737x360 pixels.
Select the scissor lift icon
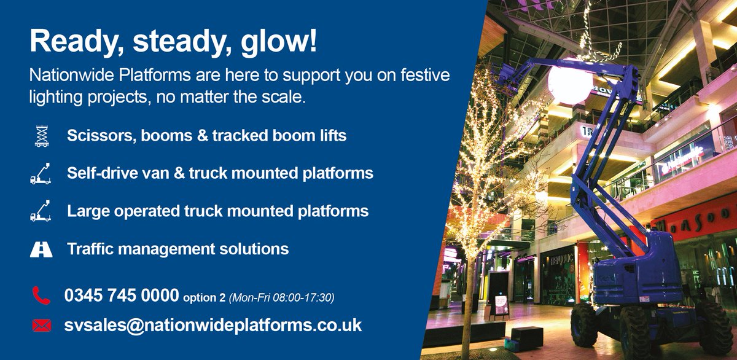[41, 136]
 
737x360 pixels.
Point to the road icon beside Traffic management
[41, 249]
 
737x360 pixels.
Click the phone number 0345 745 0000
[122, 296]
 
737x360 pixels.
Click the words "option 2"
[205, 298]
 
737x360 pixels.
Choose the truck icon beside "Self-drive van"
[41, 173]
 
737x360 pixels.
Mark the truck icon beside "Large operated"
[41, 211]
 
